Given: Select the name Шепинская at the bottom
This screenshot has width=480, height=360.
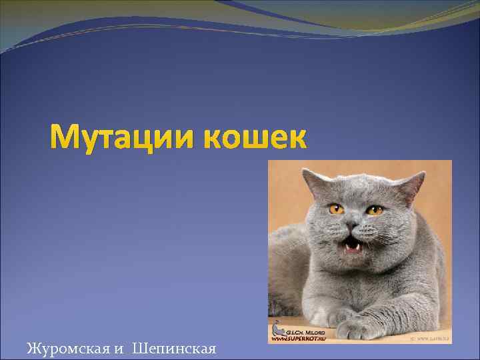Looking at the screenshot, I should coord(175,348).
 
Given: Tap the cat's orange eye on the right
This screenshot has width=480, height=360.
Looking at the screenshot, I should coord(375,211).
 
